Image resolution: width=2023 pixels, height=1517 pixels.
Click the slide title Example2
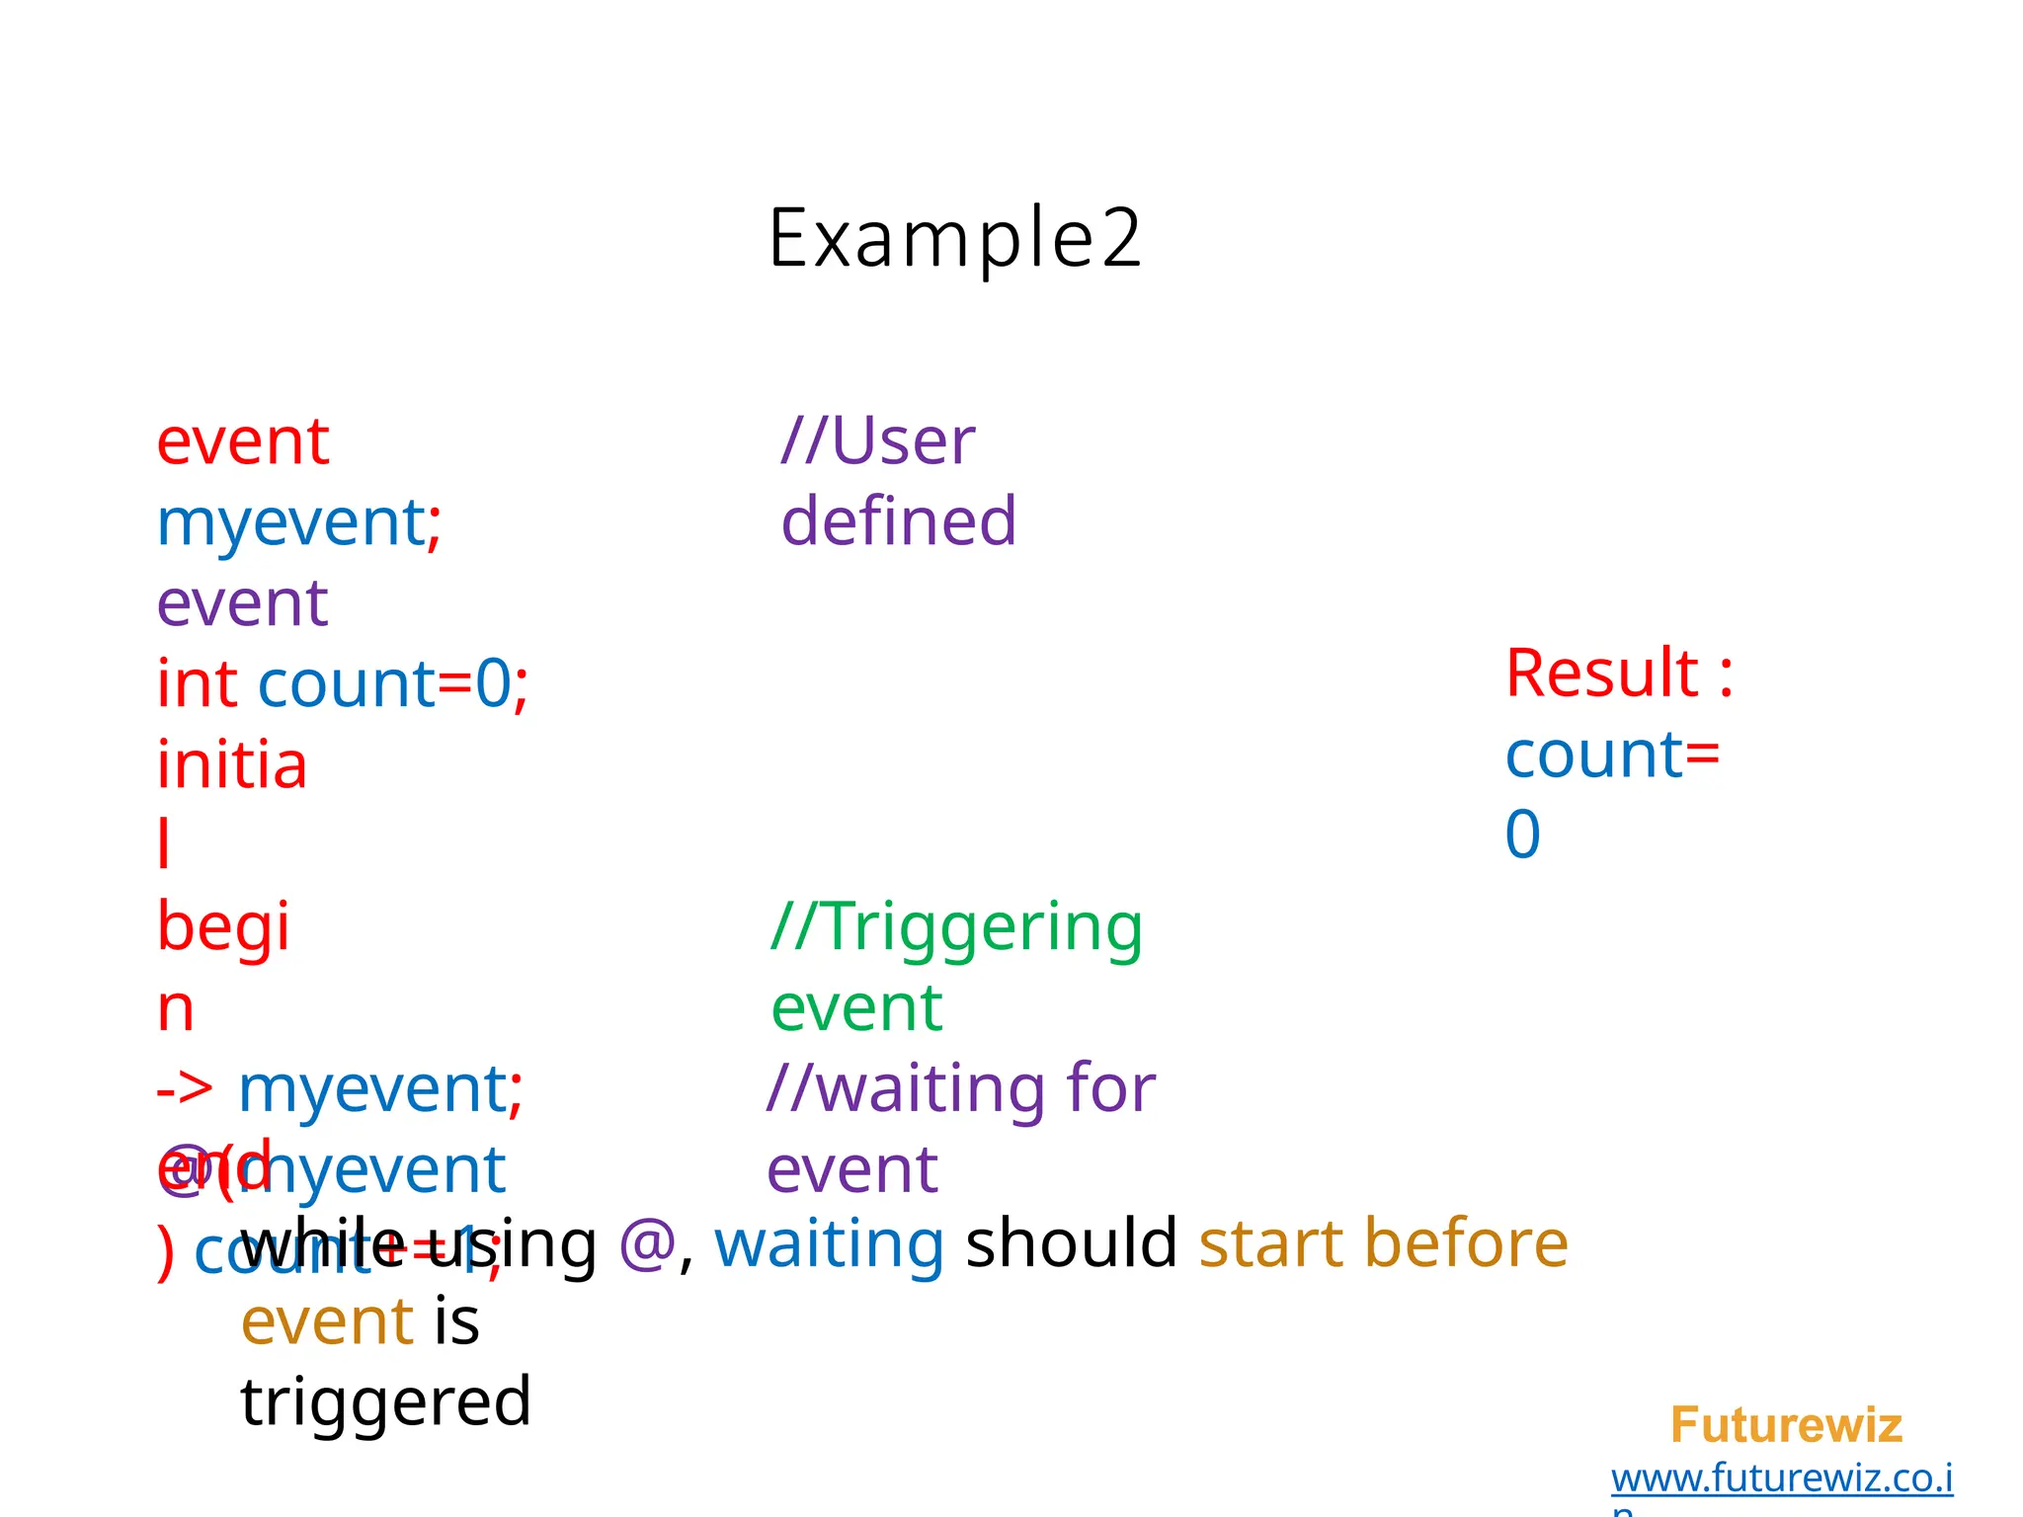[954, 238]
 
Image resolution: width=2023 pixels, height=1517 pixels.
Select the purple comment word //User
[877, 440]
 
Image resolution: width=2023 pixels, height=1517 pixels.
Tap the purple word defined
[898, 521]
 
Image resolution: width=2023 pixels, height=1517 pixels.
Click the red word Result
[1601, 674]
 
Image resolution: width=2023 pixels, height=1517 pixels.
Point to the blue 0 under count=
[1522, 835]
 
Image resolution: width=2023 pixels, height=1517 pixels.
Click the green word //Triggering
[956, 928]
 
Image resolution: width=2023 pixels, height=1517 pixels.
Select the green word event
[856, 1008]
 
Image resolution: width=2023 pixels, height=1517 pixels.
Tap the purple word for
[1110, 1088]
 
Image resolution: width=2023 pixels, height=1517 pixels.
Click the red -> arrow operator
[185, 1090]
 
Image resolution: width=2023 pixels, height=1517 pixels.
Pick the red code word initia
[232, 765]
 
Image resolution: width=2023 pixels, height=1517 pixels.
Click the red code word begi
[223, 927]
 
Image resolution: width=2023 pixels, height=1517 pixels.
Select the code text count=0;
[393, 683]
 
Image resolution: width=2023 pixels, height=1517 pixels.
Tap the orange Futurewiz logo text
[1786, 1425]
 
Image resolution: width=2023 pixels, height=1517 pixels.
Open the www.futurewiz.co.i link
[1781, 1477]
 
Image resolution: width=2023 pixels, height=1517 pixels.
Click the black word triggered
[386, 1402]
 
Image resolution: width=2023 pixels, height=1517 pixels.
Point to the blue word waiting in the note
[829, 1243]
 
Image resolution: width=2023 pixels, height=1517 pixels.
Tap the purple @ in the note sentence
[647, 1243]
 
